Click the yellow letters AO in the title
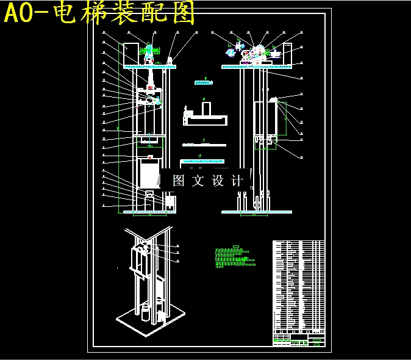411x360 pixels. (23, 13)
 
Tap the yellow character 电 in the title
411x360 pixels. (66, 13)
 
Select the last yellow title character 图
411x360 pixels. (184, 13)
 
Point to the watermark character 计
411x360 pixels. (238, 181)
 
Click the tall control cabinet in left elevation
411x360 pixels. (130, 53)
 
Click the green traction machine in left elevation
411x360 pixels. (149, 51)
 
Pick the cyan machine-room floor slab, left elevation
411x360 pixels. (149, 67)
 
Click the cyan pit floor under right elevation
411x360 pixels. (256, 212)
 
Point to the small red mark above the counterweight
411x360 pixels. (149, 157)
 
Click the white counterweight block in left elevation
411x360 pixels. (149, 175)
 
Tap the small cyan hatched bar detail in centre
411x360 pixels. (202, 82)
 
